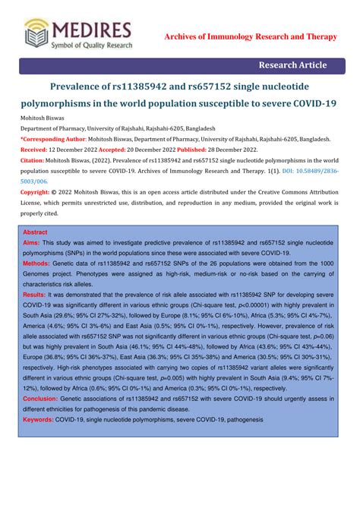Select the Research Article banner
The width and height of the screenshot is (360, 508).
(x=292, y=66)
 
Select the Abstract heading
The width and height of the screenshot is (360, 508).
(x=35, y=232)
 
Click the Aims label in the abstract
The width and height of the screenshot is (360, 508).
(x=33, y=241)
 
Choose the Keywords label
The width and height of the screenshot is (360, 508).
(x=39, y=418)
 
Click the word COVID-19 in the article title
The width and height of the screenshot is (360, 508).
(x=309, y=103)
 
